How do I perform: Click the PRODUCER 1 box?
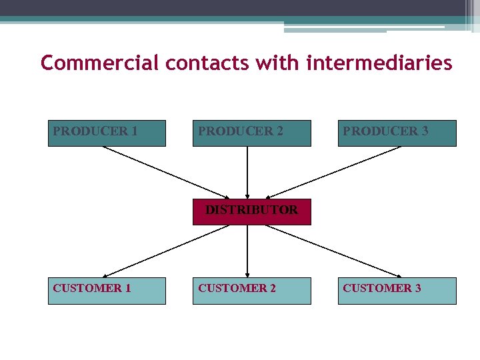(107, 133)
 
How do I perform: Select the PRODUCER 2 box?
(251, 133)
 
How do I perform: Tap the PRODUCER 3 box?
(397, 133)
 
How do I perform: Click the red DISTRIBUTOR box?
(251, 211)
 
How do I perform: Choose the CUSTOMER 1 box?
(107, 291)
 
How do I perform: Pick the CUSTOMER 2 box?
(251, 291)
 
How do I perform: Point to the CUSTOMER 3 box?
(397, 291)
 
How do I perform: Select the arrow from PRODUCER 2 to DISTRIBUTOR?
(247, 172)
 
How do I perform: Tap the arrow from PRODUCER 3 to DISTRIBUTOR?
(333, 172)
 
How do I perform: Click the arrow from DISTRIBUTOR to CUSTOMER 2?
(247, 251)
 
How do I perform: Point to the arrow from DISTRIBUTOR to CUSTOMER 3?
(333, 251)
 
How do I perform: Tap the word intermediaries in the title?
(379, 63)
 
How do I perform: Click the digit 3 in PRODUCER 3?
(425, 131)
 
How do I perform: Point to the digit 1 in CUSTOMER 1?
(127, 288)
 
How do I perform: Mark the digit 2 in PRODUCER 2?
(279, 131)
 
